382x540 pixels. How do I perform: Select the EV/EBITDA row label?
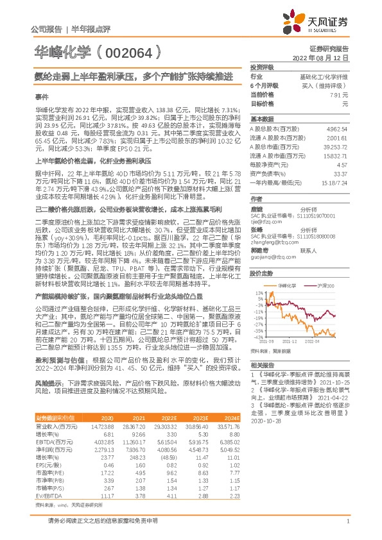point(49,478)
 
